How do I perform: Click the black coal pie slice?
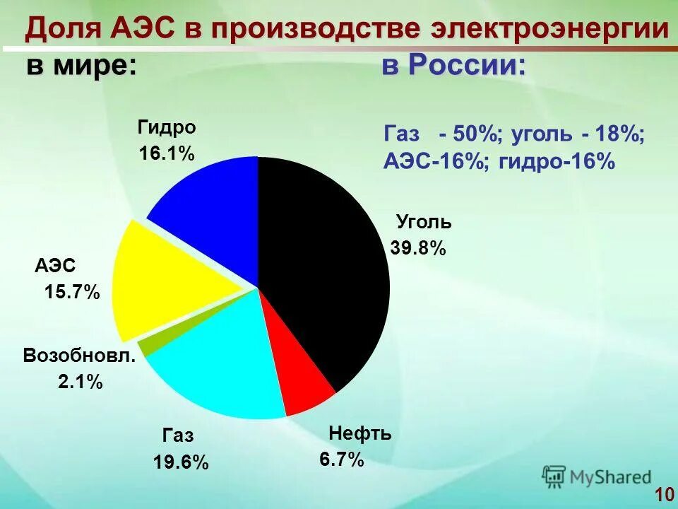pos(325,269)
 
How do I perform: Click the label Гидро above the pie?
pos(167,128)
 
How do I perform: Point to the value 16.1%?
pos(167,154)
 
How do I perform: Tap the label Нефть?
pos(360,433)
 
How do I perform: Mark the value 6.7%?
pos(342,460)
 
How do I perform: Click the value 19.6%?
pos(181,462)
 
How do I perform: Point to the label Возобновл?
pos(78,355)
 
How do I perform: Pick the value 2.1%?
pos(81,382)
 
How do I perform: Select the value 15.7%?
pos(72,292)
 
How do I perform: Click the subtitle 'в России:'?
pos(454,66)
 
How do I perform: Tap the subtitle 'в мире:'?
pos(82,66)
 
